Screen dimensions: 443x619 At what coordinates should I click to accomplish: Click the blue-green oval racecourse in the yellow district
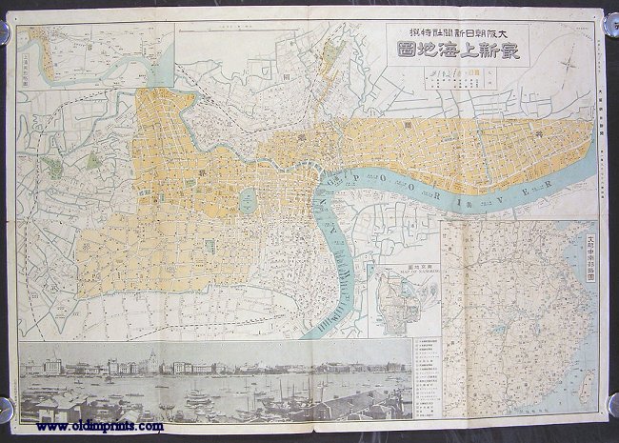[x=246, y=197]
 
